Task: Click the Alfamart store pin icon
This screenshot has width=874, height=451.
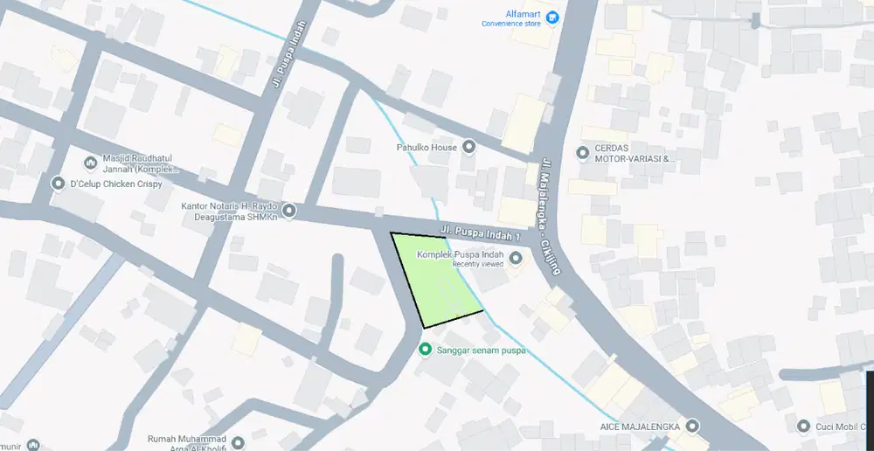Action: click(552, 17)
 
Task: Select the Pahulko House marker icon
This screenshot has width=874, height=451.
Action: click(468, 147)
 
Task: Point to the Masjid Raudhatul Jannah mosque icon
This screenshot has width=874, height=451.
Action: click(90, 163)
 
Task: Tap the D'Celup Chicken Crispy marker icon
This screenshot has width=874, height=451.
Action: click(59, 184)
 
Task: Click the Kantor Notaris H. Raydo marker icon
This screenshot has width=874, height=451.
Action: click(289, 211)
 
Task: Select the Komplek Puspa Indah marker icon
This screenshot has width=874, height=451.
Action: click(516, 258)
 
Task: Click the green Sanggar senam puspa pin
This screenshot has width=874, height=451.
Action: click(426, 350)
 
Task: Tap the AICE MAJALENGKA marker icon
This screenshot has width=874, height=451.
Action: click(692, 426)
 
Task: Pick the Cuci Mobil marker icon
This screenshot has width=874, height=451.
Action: click(804, 426)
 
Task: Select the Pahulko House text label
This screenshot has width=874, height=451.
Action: click(425, 148)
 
